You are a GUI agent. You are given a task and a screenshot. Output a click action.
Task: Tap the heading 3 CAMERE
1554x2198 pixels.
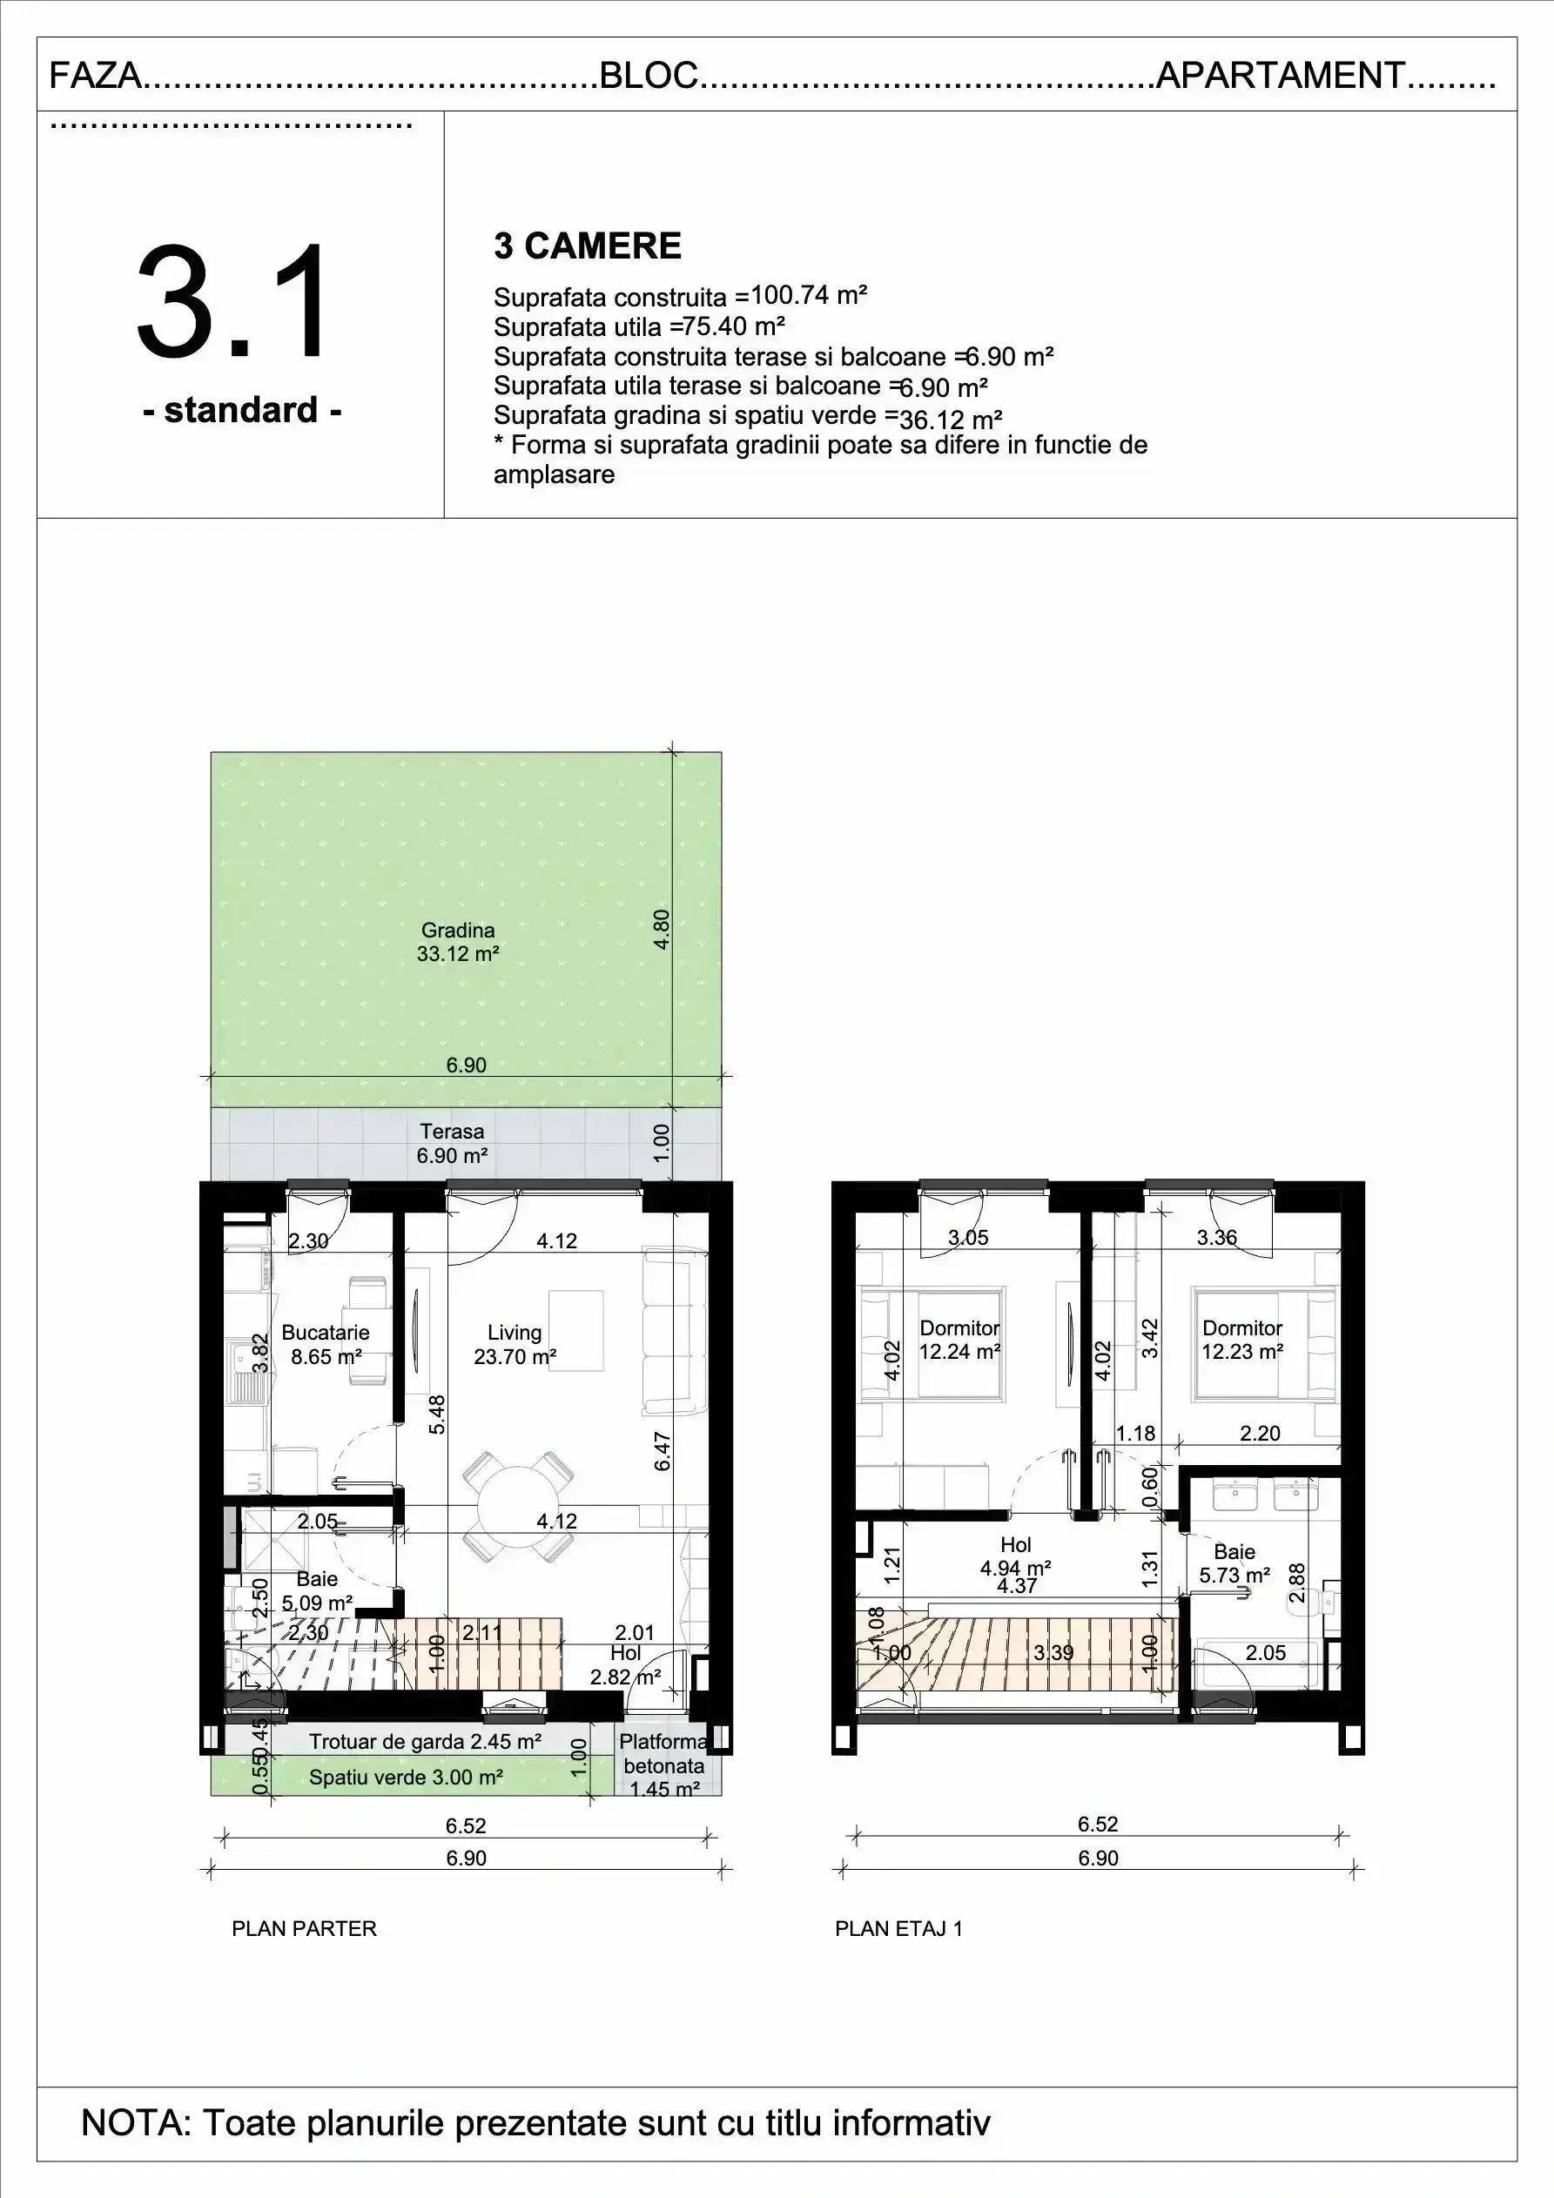point(587,246)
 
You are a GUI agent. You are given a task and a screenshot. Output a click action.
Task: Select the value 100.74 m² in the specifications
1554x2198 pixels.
point(809,294)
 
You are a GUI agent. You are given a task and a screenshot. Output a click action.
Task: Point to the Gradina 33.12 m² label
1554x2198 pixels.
point(458,941)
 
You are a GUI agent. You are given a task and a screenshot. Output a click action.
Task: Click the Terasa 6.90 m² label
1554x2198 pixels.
point(452,1143)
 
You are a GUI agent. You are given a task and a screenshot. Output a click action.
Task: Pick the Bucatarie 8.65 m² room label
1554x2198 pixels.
point(326,1344)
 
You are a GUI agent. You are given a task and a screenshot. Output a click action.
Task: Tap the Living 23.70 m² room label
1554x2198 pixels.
point(515,1344)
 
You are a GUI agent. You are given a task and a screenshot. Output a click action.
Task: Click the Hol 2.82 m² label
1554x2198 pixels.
point(626,1664)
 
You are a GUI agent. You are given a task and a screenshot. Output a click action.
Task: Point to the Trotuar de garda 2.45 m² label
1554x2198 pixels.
point(425,1741)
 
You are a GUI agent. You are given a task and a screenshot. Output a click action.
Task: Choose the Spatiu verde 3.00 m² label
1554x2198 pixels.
point(406,1778)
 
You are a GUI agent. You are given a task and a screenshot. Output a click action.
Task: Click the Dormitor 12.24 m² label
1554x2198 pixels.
point(959,1340)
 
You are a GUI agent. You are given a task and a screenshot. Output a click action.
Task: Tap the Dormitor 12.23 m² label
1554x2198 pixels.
point(1243,1340)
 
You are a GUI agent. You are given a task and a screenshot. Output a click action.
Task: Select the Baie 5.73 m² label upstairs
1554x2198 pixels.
point(1235,1563)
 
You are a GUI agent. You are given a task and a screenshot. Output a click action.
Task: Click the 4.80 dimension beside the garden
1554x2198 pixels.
point(661,929)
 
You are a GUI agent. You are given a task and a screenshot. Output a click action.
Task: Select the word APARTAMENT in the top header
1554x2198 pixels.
point(1282,75)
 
